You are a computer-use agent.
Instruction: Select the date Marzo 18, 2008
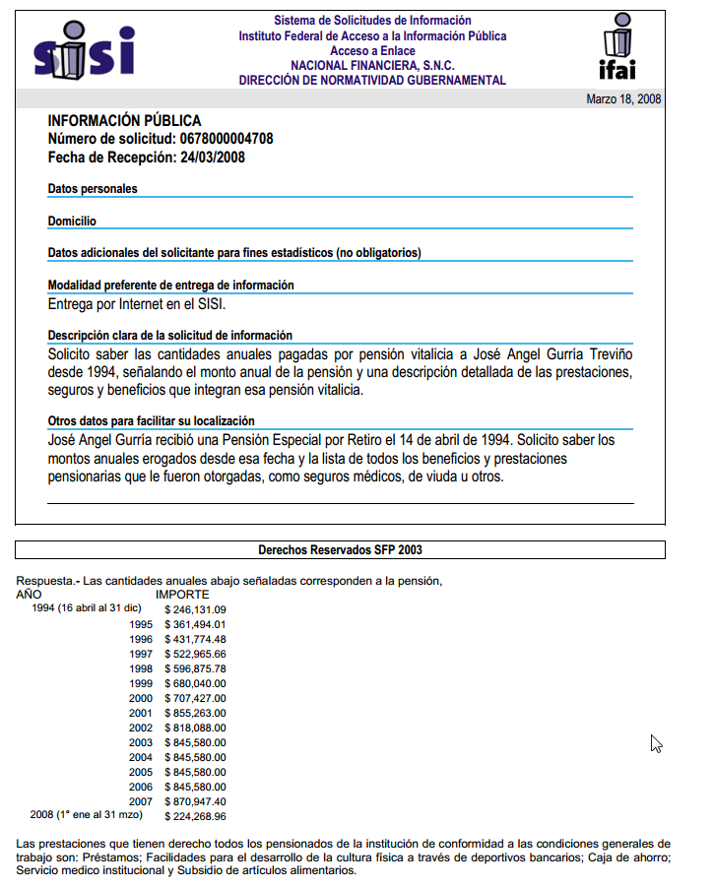pyautogui.click(x=623, y=99)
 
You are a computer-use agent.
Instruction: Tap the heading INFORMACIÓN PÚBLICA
pyautogui.click(x=124, y=121)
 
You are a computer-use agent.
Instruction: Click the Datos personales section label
pyautogui.click(x=93, y=188)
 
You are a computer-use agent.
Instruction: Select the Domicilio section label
pyautogui.click(x=72, y=222)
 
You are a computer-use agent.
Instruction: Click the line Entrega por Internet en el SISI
pyautogui.click(x=137, y=304)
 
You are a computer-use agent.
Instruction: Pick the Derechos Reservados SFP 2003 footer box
pyautogui.click(x=340, y=549)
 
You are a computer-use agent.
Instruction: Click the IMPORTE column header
pyautogui.click(x=182, y=595)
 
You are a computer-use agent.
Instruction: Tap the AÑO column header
pyautogui.click(x=31, y=595)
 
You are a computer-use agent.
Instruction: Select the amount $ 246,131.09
pyautogui.click(x=195, y=609)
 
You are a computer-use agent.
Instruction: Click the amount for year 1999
pyautogui.click(x=195, y=683)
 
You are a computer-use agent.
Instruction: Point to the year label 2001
pyautogui.click(x=141, y=713)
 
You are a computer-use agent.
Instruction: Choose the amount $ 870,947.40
pyautogui.click(x=195, y=801)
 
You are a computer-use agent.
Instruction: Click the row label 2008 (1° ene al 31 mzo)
pyautogui.click(x=87, y=816)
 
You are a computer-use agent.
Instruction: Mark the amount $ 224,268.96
pyautogui.click(x=195, y=816)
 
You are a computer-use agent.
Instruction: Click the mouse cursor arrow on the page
pyautogui.click(x=656, y=743)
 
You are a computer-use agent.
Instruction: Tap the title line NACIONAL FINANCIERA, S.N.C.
pyautogui.click(x=372, y=65)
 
